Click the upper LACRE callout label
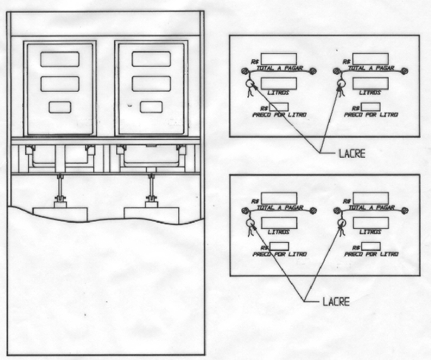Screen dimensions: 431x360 [352, 153]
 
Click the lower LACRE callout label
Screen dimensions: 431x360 [336, 302]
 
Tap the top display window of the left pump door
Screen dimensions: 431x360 [60, 59]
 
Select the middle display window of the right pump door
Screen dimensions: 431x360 [151, 84]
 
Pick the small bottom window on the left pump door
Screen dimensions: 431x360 [60, 107]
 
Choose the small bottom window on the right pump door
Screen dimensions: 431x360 [151, 107]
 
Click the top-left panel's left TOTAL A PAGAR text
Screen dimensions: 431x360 [279, 68]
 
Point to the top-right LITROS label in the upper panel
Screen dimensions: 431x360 [370, 93]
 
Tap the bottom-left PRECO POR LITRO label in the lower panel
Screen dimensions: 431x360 [279, 254]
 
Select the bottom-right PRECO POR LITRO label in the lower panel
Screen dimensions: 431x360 [371, 254]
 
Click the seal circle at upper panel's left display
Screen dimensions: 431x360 [250, 83]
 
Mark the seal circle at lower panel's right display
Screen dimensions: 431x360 [342, 222]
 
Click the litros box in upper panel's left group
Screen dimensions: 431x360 [279, 84]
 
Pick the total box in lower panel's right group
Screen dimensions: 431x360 [371, 198]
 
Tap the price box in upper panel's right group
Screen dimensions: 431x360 [371, 107]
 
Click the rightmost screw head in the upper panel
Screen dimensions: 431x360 [404, 71]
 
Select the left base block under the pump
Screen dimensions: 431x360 [60, 215]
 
